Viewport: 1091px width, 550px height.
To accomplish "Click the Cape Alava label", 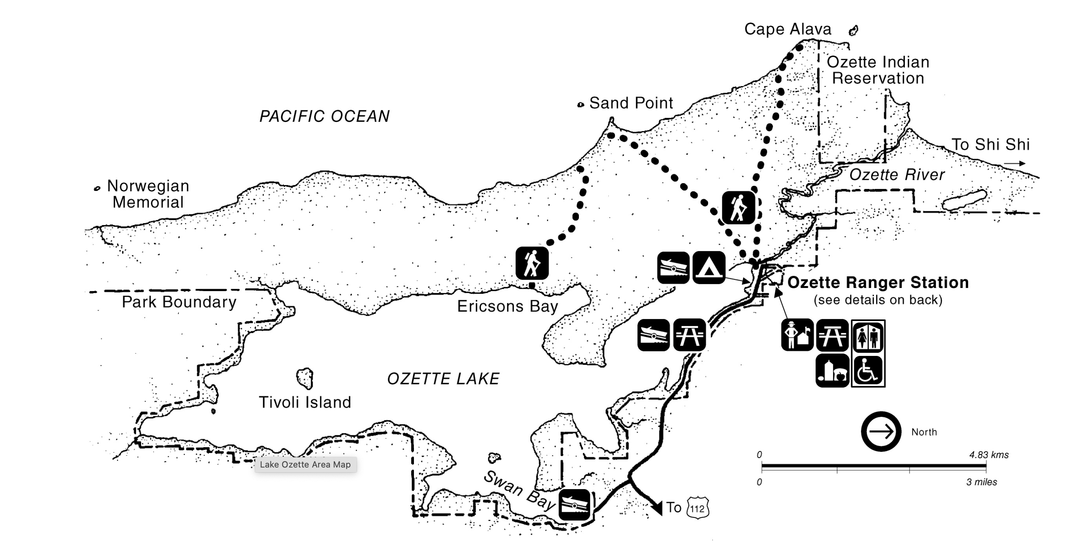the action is click(x=788, y=29).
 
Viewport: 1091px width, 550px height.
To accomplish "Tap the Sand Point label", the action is click(x=631, y=103).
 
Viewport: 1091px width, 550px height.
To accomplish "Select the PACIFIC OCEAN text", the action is click(x=324, y=116).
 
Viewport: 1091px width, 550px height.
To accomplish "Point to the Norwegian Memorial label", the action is click(x=148, y=194).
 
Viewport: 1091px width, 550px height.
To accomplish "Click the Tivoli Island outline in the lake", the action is click(x=304, y=378).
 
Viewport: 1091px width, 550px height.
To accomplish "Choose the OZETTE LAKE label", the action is click(x=443, y=378).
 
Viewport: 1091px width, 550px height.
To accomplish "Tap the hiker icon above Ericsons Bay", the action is click(x=532, y=263).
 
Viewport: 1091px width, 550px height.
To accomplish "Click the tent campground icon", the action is click(x=709, y=268).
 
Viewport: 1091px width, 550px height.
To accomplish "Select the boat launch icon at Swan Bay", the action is click(x=574, y=504).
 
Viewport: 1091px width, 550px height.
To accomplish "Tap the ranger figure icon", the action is click(x=797, y=335).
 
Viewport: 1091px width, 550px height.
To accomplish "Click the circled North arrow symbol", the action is click(x=881, y=431).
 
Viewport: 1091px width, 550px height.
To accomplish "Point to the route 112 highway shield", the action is click(x=697, y=508).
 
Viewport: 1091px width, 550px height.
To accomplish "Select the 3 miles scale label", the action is click(x=981, y=482).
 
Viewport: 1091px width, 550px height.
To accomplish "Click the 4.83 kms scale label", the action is click(x=988, y=455).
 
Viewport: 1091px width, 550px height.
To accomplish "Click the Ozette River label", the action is click(x=897, y=174).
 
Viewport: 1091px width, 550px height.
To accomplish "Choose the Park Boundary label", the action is click(x=179, y=302).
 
